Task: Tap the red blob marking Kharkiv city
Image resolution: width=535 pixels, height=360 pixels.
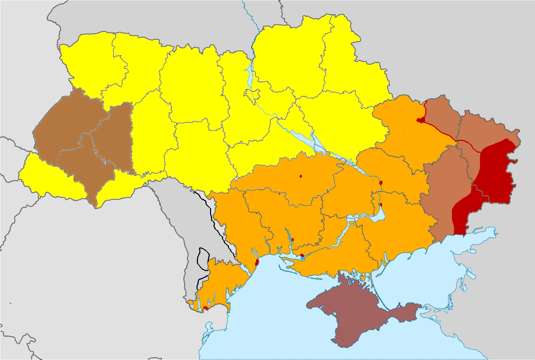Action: (x=420, y=120)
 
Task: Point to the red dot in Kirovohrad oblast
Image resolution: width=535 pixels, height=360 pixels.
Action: (x=300, y=176)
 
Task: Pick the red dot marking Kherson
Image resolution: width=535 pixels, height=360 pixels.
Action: (x=302, y=255)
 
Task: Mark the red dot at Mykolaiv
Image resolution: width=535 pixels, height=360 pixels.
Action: (x=292, y=240)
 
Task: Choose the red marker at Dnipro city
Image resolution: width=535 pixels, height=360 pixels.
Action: (x=381, y=182)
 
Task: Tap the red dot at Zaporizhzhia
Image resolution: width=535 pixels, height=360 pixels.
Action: (x=381, y=205)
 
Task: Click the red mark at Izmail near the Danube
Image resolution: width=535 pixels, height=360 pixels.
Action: (x=205, y=307)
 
